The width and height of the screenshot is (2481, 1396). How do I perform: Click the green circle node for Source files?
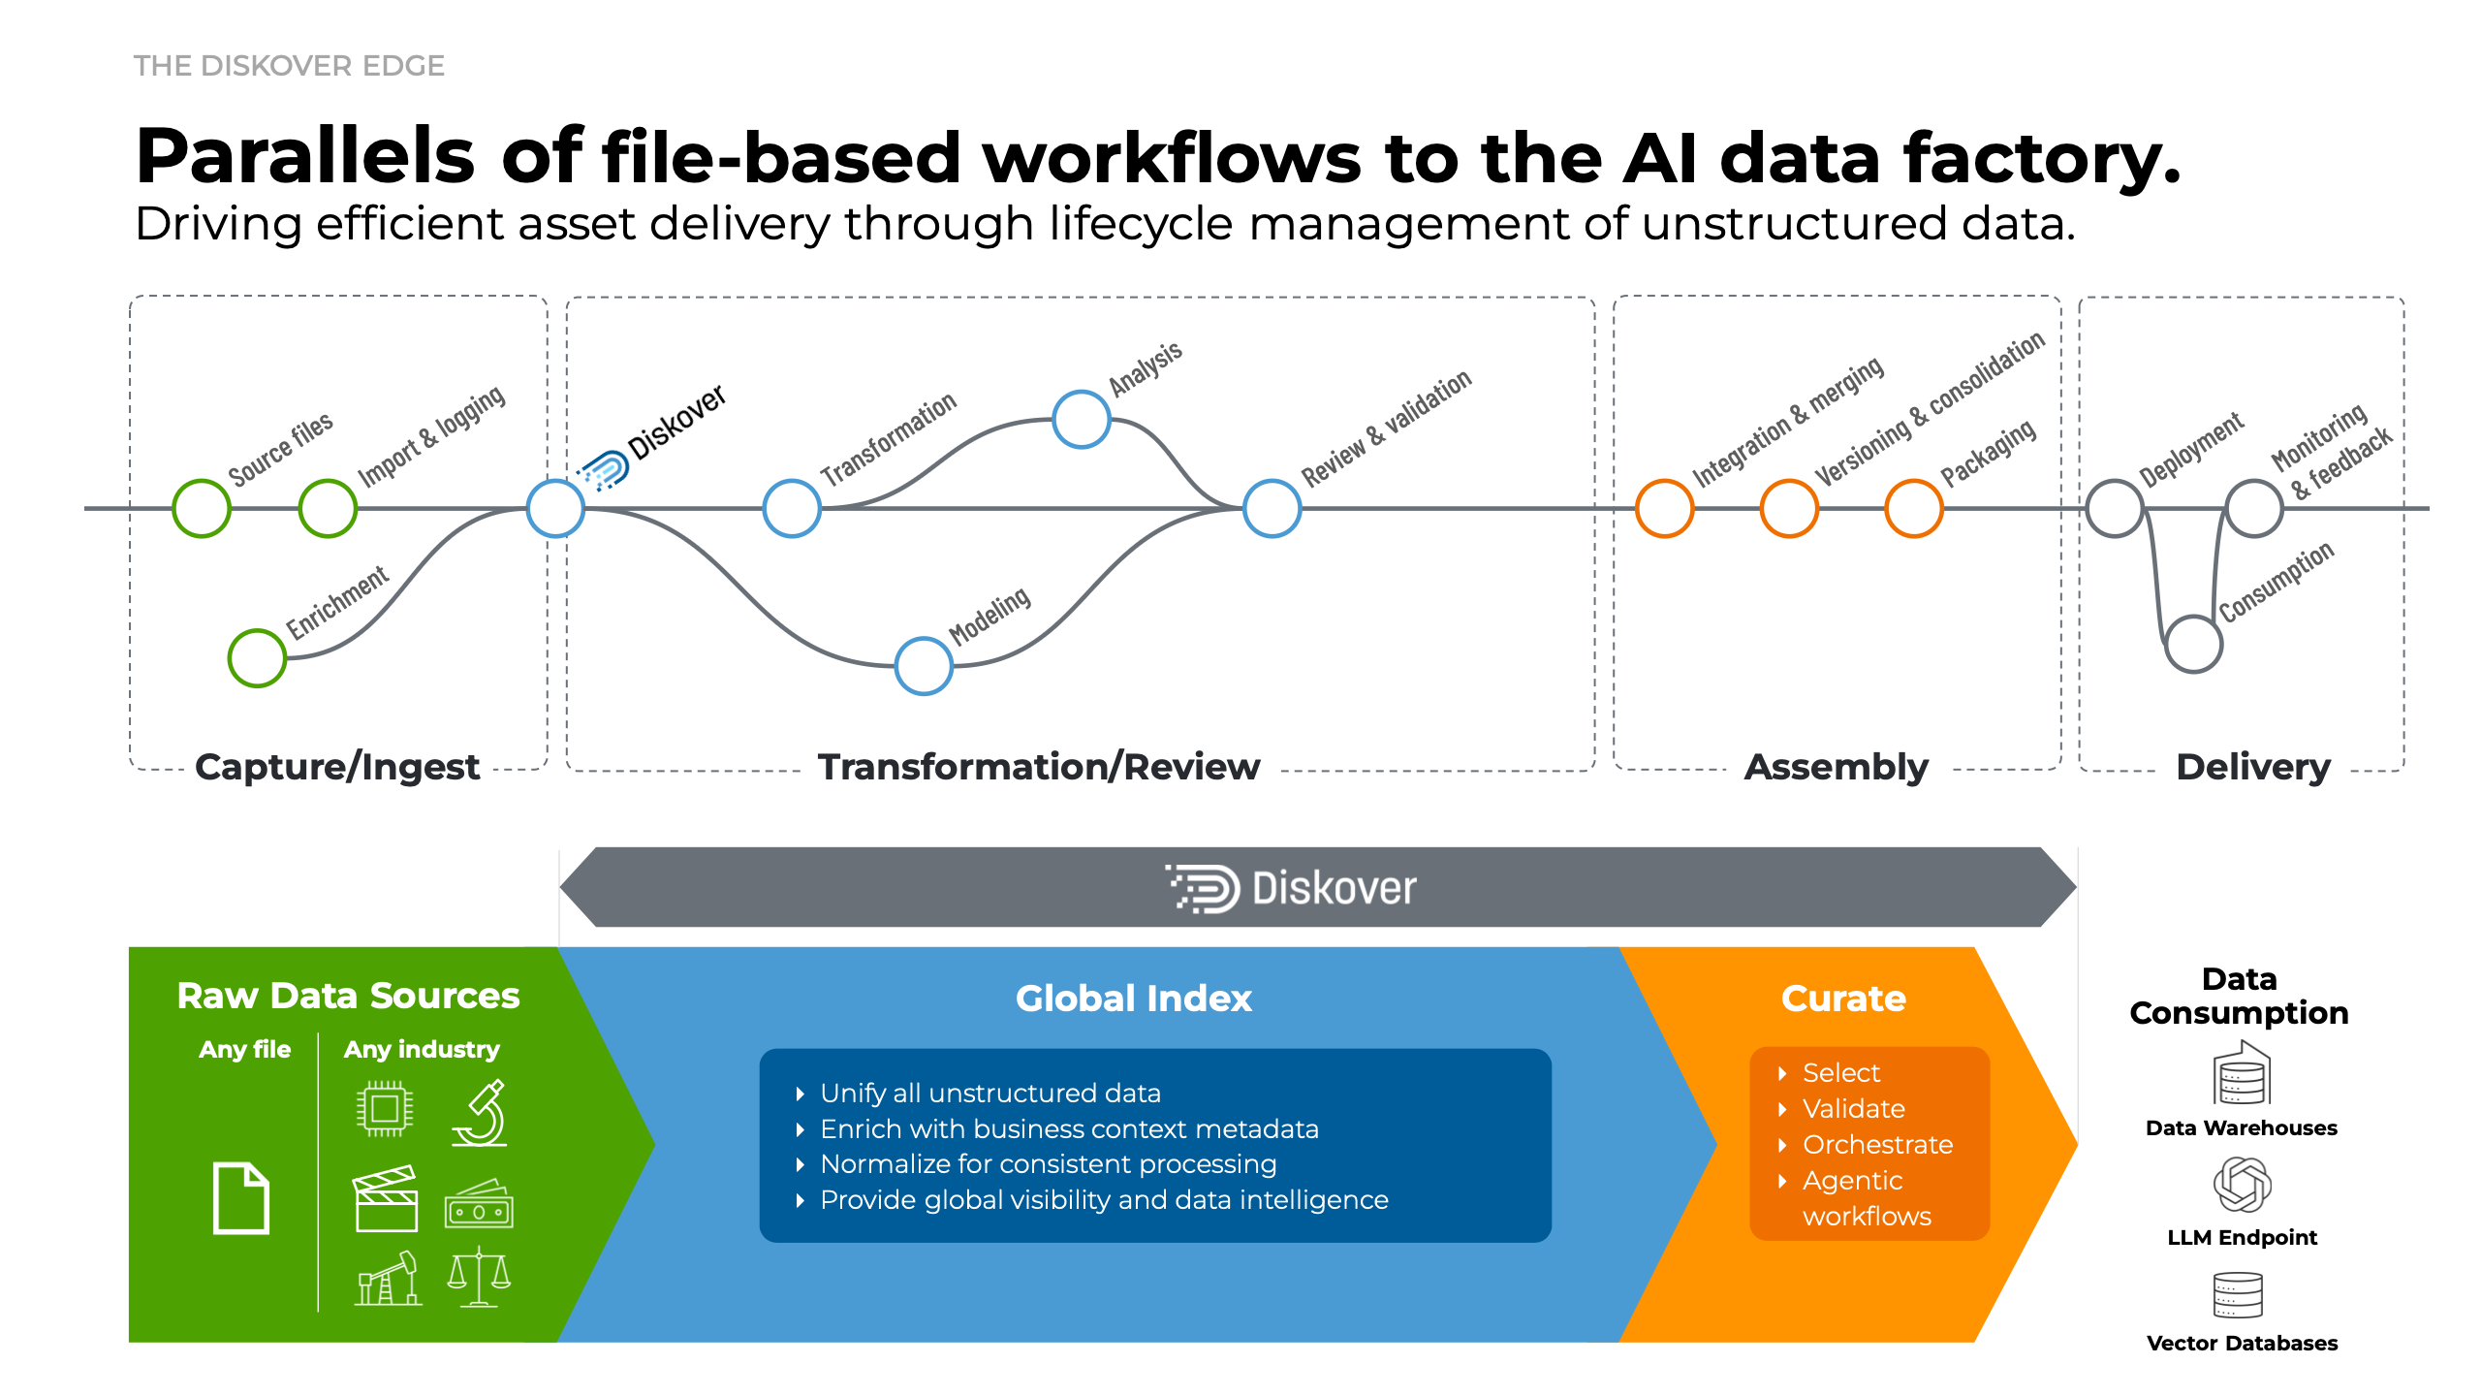[x=202, y=508]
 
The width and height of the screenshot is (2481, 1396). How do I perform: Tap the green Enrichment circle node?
[x=257, y=658]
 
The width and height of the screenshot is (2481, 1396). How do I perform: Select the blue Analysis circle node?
[x=1082, y=419]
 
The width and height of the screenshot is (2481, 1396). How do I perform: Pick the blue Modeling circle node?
[x=924, y=666]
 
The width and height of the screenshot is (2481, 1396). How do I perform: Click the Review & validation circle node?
[x=1272, y=508]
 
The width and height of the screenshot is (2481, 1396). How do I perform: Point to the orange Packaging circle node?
[x=1913, y=508]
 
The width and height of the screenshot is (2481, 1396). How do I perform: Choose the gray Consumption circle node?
[x=2193, y=644]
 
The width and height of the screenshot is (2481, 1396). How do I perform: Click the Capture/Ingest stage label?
[x=336, y=767]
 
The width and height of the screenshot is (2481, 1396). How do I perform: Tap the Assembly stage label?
[x=1836, y=767]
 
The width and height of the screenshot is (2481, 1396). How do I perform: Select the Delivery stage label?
[x=2253, y=767]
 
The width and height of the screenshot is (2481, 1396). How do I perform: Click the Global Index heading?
[x=1133, y=999]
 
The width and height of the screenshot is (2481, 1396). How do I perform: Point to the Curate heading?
[x=1843, y=999]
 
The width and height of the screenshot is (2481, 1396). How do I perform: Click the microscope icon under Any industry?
[x=481, y=1113]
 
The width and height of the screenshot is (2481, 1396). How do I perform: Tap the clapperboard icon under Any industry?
[x=386, y=1199]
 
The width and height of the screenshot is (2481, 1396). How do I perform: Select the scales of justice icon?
[x=479, y=1278]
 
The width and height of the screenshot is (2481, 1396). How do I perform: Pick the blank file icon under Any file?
[x=240, y=1198]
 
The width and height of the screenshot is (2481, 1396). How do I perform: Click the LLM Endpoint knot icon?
[x=2242, y=1185]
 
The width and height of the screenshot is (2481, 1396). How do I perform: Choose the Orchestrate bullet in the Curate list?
[x=1877, y=1145]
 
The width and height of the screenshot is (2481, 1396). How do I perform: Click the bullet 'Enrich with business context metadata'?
[x=1069, y=1129]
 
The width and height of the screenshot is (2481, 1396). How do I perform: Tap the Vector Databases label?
[x=2242, y=1344]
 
